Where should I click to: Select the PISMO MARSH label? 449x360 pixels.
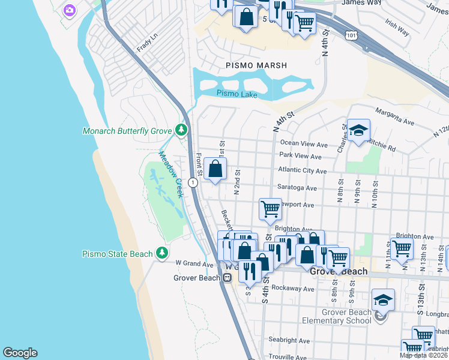tap(256, 65)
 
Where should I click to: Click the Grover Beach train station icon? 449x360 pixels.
tap(227, 278)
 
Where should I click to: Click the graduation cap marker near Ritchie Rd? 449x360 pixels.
tap(358, 131)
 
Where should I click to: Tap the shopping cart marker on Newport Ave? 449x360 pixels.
tap(270, 209)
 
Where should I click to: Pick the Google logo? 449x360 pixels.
tap(20, 352)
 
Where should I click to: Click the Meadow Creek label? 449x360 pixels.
tap(170, 173)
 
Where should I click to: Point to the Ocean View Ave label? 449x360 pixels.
tap(304, 145)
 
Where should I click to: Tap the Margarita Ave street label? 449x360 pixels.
tap(394, 116)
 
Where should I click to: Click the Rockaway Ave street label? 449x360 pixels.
tap(293, 289)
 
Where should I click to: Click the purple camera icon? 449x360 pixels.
tap(70, 10)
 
